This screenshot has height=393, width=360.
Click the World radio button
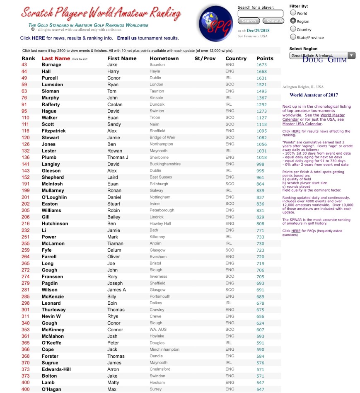pos(293,13)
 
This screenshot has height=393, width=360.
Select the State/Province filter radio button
pos(293,37)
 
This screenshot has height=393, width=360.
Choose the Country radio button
pos(293,29)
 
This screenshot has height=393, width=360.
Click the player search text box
pos(260,14)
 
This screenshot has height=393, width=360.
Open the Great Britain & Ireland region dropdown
pos(322,56)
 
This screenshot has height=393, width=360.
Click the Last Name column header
pos(56,58)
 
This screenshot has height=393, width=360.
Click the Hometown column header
pos(164,58)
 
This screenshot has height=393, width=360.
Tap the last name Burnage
pos(51,65)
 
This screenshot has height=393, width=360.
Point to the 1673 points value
pos(261,65)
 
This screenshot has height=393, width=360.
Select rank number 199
pos(26,191)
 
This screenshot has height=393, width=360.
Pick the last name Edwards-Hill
pos(56,369)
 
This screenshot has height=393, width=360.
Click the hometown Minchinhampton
pos(164,349)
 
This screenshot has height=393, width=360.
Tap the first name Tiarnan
pos(115,244)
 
